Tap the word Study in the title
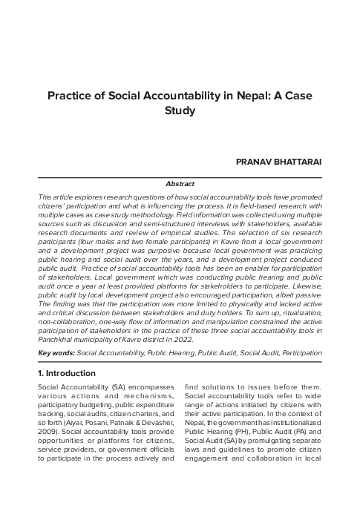tap(180, 111)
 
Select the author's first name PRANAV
tap(254, 160)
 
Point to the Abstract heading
tap(180, 183)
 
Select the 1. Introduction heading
tap(66, 373)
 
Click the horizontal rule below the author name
tap(180, 177)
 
